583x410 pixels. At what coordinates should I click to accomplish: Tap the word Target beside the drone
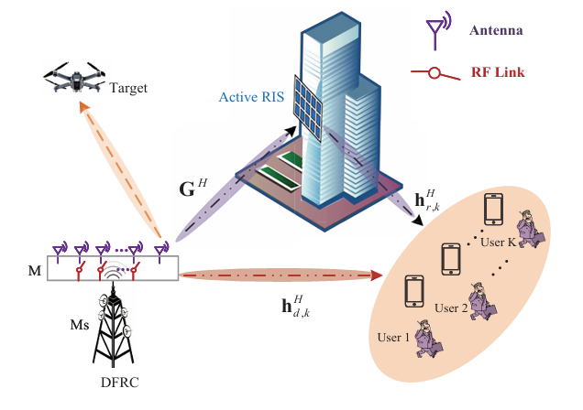point(128,90)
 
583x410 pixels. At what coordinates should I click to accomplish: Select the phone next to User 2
point(450,259)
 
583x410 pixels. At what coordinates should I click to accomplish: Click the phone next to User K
point(493,210)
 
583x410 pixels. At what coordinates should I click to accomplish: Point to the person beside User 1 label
point(426,339)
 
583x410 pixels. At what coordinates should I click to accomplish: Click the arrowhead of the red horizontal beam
point(376,273)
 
